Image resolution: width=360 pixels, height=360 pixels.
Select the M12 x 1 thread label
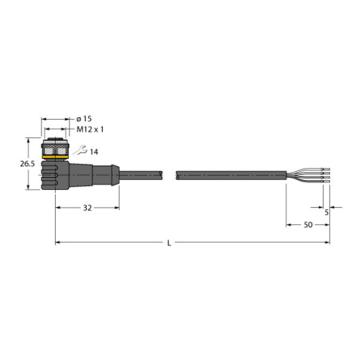click(91, 130)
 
